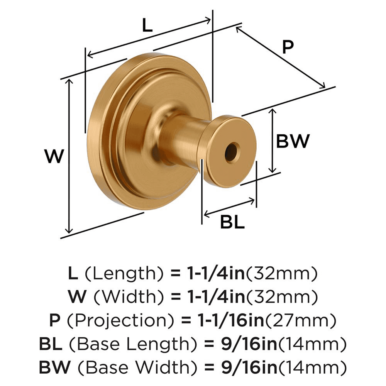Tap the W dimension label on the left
(53, 156)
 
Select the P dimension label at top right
(287, 47)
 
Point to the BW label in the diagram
(293, 141)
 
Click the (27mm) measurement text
(300, 320)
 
